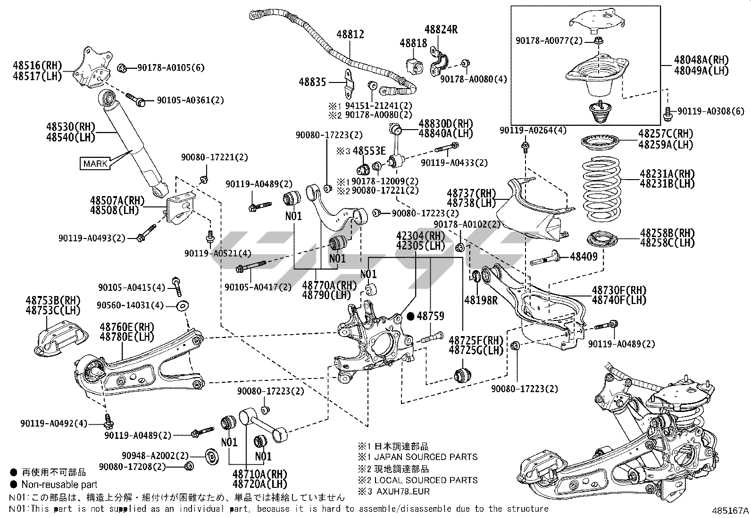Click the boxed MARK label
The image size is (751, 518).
coord(95,164)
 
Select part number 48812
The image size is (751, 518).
coord(350,34)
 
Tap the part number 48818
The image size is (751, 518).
coord(413,43)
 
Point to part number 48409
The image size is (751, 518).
coord(584,256)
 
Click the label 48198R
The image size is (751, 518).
coord(481,300)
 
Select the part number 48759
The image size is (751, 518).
coord(431,316)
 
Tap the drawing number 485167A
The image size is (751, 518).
coord(730,510)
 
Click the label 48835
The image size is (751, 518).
coord(312,82)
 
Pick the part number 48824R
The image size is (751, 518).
coord(441,29)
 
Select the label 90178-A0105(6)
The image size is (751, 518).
coord(171,68)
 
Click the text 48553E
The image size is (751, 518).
coord(369,151)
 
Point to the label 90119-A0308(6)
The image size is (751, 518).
coord(711,111)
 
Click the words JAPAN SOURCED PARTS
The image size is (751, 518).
coord(426,457)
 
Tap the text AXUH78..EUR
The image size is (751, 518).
coord(407,492)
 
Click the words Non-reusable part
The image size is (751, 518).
coord(59,484)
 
